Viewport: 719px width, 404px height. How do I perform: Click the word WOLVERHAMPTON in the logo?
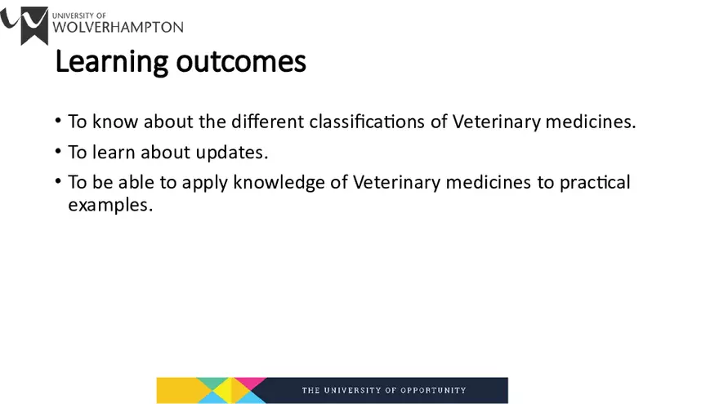click(118, 26)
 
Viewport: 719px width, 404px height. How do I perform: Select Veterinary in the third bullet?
click(396, 182)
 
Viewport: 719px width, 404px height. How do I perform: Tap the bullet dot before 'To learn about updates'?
click(59, 151)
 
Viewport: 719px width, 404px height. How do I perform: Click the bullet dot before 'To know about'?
click(59, 121)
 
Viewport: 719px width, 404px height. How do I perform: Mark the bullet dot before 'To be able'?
click(59, 181)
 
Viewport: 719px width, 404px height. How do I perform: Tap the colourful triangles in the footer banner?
click(212, 390)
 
